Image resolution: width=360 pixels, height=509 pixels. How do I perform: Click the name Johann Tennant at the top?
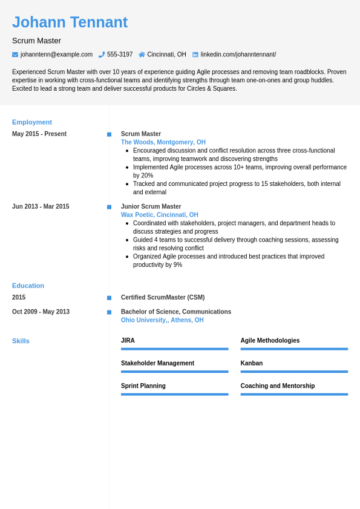pyautogui.click(x=70, y=22)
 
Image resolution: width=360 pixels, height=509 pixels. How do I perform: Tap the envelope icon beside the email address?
pyautogui.click(x=15, y=54)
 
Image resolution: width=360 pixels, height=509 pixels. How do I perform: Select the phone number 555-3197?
pyautogui.click(x=120, y=54)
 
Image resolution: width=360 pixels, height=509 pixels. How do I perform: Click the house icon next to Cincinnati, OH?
pyautogui.click(x=142, y=54)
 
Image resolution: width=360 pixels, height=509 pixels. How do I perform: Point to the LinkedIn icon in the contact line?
pyautogui.click(x=195, y=54)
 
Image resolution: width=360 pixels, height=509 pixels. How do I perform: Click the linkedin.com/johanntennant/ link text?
pyautogui.click(x=238, y=54)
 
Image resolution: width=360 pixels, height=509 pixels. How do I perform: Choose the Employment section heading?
pyautogui.click(x=32, y=122)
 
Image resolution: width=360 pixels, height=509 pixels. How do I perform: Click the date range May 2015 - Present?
pyautogui.click(x=39, y=134)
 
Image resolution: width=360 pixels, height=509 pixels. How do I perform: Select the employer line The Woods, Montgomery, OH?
pyautogui.click(x=163, y=142)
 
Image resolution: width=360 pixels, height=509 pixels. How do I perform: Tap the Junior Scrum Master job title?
pyautogui.click(x=151, y=206)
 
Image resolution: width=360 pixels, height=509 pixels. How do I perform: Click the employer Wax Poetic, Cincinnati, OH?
pyautogui.click(x=160, y=215)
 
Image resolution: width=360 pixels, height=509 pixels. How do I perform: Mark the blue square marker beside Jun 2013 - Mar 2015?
pyautogui.click(x=109, y=207)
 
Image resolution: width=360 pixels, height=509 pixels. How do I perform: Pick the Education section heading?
pyautogui.click(x=28, y=286)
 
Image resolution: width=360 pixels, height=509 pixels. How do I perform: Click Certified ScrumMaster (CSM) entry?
pyautogui.click(x=163, y=297)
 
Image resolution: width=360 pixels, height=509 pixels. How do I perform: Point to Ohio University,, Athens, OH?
pyautogui.click(x=162, y=320)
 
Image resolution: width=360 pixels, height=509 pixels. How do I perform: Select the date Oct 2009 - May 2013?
pyautogui.click(x=41, y=312)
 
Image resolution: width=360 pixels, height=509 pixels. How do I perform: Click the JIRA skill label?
pyautogui.click(x=128, y=341)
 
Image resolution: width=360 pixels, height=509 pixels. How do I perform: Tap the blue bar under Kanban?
pyautogui.click(x=294, y=372)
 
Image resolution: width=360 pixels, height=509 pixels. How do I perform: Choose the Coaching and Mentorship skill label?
pyautogui.click(x=278, y=386)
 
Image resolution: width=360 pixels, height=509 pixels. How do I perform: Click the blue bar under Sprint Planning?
pyautogui.click(x=174, y=394)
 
